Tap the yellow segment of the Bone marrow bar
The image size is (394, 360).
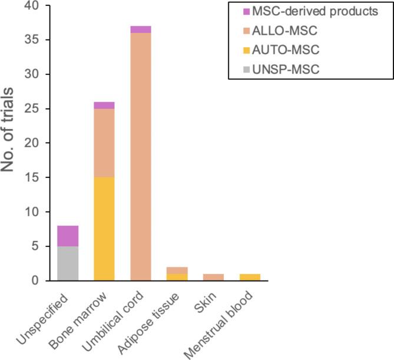(x=104, y=229)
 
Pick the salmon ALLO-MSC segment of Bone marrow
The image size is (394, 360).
(x=104, y=143)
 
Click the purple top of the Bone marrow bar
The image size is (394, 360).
(x=104, y=105)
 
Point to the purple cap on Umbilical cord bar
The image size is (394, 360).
(x=140, y=29)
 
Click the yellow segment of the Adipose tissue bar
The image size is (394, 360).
(x=177, y=277)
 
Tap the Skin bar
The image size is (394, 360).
(x=214, y=277)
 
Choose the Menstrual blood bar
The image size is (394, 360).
(x=250, y=277)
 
